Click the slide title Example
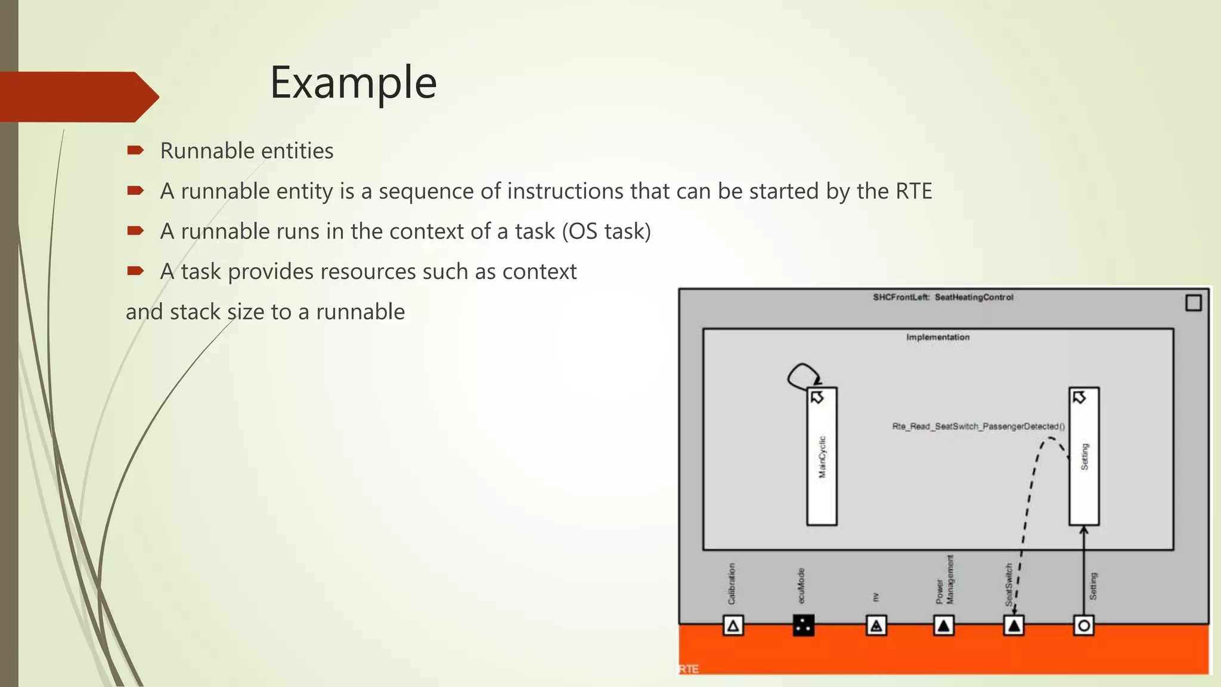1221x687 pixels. (353, 82)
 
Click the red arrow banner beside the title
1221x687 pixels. (78, 97)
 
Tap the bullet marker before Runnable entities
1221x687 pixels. (135, 150)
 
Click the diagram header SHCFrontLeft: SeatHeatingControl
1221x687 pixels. (943, 297)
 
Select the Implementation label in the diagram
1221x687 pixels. (938, 337)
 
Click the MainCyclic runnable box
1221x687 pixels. (822, 456)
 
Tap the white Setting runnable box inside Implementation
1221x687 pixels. (1084, 456)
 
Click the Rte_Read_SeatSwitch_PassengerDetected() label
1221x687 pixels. (978, 426)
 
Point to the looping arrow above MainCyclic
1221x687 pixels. (802, 376)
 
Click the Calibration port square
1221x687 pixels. (733, 626)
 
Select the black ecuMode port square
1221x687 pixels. (803, 626)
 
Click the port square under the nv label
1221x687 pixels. (876, 626)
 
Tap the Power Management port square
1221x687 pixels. (943, 626)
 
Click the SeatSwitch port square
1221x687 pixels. (1014, 626)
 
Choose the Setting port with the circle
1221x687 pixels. (1083, 626)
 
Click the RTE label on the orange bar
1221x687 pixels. (689, 669)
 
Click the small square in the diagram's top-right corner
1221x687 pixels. (1193, 303)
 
